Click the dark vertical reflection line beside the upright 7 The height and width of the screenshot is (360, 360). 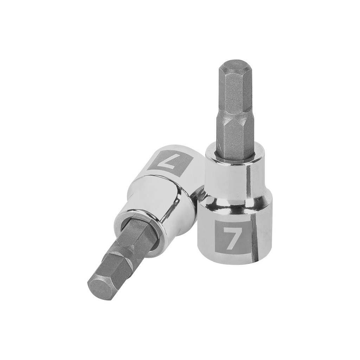254,236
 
